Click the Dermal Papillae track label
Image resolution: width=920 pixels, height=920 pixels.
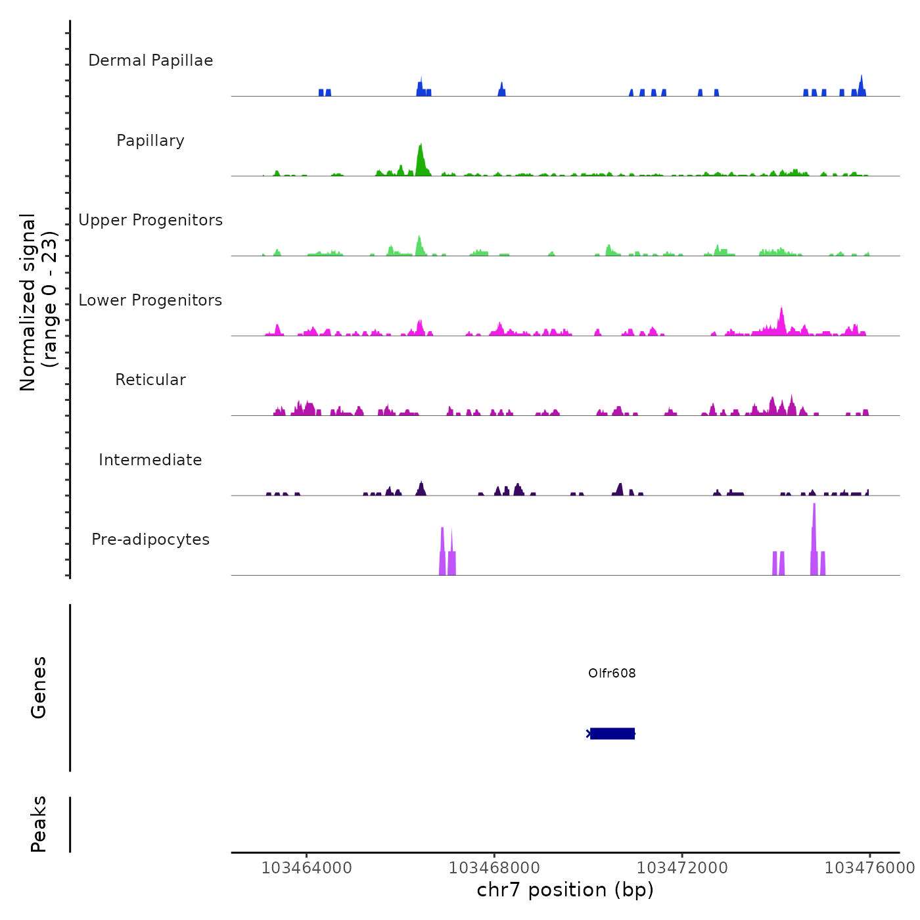coord(150,60)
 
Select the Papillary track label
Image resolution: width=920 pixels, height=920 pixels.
coord(150,141)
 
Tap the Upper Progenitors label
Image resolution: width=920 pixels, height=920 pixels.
coord(150,220)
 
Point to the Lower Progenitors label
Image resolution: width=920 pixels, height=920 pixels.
coord(150,300)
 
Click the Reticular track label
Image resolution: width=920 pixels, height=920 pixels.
coord(150,380)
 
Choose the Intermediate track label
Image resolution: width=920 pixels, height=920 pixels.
coord(150,460)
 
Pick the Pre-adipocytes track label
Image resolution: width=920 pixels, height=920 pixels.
coord(150,540)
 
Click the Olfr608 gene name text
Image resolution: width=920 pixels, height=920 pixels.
coord(612,674)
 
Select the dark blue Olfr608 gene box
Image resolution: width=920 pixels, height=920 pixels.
coord(612,733)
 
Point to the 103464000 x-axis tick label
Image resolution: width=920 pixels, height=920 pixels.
coord(306,868)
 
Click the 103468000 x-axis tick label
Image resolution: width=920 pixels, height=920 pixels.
coord(494,868)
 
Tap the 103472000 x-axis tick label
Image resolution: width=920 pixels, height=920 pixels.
coord(682,868)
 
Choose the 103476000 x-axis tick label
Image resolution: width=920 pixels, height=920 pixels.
coord(869,868)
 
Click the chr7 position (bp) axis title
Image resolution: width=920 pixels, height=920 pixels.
coord(565,890)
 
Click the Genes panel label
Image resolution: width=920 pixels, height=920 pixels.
coord(39,687)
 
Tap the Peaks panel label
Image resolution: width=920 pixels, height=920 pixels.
coord(39,824)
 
